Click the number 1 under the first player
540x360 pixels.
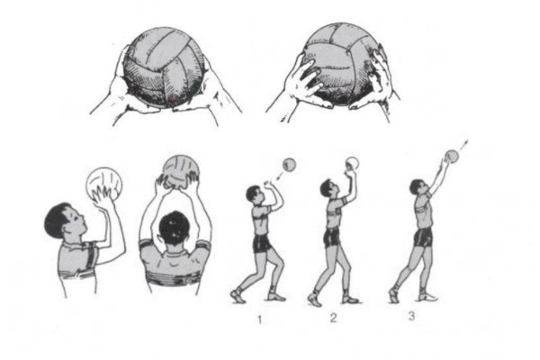(x=260, y=320)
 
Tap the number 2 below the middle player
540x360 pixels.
(x=333, y=318)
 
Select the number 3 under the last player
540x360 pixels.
(x=411, y=316)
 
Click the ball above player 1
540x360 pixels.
(x=289, y=165)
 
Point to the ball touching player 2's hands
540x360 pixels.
(x=352, y=163)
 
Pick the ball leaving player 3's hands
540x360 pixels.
(x=452, y=156)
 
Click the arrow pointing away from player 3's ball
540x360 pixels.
(x=463, y=145)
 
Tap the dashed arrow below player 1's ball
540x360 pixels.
(x=282, y=176)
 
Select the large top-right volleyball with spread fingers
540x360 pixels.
(x=341, y=63)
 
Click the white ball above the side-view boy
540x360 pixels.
(x=103, y=185)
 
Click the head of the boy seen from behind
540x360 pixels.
(x=175, y=229)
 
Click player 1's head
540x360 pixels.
(x=255, y=194)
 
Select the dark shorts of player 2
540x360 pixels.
(x=332, y=238)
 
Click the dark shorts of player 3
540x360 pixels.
(x=423, y=238)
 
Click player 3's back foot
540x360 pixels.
(x=394, y=295)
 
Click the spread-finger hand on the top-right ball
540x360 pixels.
(x=303, y=81)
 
